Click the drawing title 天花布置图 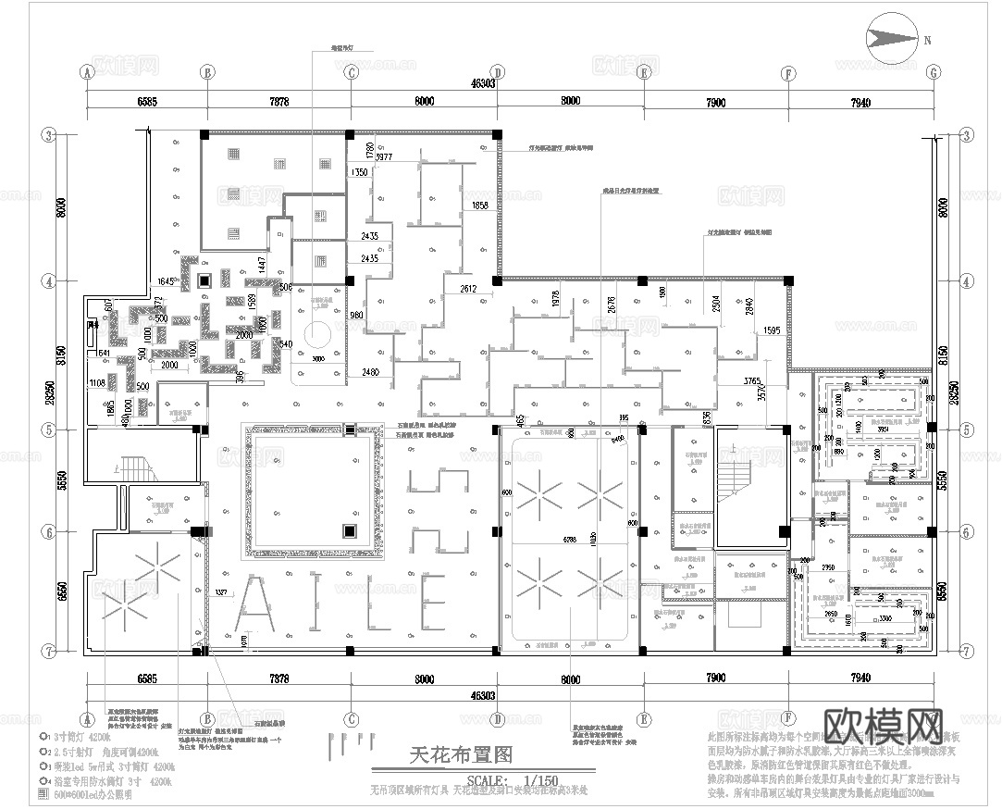click(460, 756)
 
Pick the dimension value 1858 click(479, 205)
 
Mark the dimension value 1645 click(167, 280)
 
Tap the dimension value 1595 click(773, 330)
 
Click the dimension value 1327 click(222, 591)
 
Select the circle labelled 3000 click(316, 333)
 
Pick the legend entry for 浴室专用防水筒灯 click(97, 781)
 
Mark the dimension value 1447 click(263, 265)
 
